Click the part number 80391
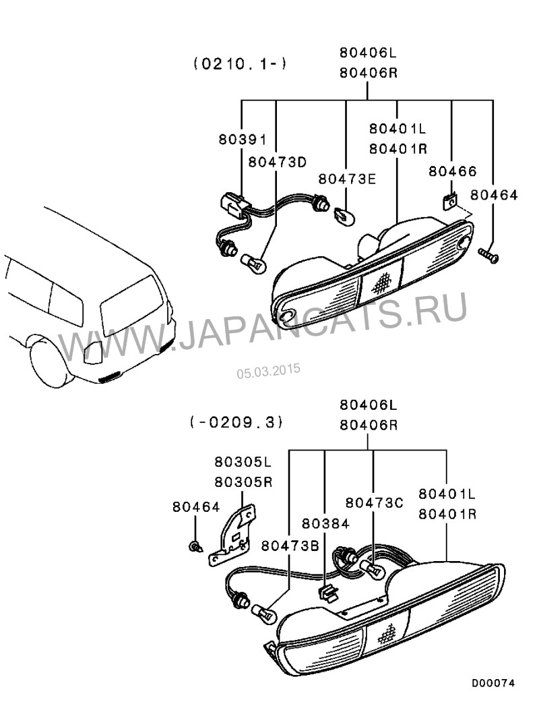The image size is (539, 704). pos(243,140)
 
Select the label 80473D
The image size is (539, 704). pos(277,162)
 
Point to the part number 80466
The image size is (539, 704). pos(452,172)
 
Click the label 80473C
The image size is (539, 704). pos(374,502)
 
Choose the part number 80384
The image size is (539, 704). pos(325,523)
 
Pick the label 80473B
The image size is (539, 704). pos(290,546)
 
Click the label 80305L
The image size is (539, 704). pos(243,463)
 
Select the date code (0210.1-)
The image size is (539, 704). pos(240,64)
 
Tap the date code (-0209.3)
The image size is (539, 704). pos(236,423)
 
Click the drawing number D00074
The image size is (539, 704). pos(493,683)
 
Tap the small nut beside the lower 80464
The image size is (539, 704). pos(195,546)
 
